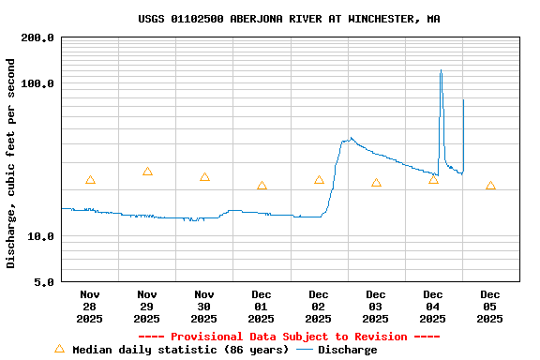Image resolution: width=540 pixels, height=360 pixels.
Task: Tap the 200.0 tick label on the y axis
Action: point(37,38)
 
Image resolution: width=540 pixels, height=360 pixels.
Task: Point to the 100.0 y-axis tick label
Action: point(37,84)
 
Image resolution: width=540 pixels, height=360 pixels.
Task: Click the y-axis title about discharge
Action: point(11,163)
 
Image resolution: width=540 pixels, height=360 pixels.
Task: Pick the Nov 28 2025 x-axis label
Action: point(90,307)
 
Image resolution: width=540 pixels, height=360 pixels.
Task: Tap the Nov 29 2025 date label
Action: point(147,307)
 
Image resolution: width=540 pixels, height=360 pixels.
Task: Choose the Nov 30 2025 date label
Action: point(204,307)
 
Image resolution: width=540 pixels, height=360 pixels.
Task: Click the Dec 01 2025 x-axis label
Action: point(262,307)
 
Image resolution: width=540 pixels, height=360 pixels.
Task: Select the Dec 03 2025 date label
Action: point(376,307)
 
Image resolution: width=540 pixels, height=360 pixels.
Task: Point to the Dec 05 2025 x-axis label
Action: point(490,307)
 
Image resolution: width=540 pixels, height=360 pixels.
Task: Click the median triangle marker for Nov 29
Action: point(147,172)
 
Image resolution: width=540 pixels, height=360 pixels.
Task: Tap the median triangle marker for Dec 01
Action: point(262,186)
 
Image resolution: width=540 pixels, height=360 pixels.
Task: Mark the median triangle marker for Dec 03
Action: point(376,183)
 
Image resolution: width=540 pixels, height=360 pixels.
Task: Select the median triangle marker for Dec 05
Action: point(490,186)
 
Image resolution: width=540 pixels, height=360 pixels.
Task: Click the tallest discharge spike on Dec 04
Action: point(441,71)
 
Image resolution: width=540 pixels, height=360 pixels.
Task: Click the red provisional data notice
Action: point(289,337)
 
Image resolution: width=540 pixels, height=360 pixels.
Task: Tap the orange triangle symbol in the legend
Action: point(59,349)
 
